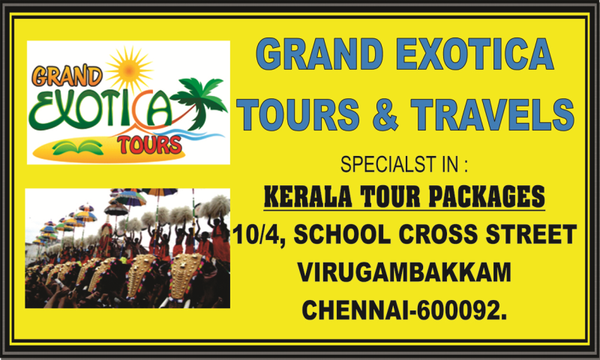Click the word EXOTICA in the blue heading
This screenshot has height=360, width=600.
tap(475, 53)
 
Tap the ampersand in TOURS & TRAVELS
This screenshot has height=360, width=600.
tap(385, 115)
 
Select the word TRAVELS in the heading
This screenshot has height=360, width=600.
tap(493, 115)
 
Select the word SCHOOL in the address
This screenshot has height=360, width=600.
tap(342, 234)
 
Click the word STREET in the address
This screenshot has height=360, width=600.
tap(531, 234)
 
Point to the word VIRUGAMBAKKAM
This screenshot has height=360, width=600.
tap(404, 272)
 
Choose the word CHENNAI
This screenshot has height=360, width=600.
tap(355, 310)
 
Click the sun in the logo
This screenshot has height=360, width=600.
tap(129, 70)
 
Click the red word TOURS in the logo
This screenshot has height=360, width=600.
tap(149, 145)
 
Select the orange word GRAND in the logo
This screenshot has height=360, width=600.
tap(67, 75)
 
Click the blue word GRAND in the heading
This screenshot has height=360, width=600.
tap(319, 53)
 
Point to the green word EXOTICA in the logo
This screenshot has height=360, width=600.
tap(100, 109)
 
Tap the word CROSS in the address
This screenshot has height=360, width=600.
tap(438, 234)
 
